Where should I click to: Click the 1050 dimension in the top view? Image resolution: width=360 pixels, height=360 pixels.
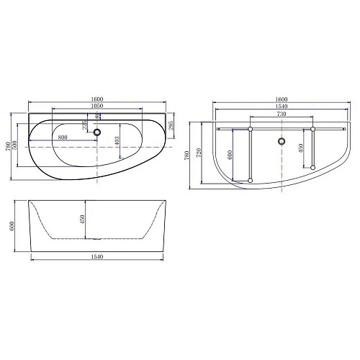pyautogui.click(x=97, y=106)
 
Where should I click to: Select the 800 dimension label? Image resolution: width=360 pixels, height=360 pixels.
pyautogui.click(x=63, y=137)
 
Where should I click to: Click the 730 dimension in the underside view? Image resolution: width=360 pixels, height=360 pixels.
pyautogui.click(x=281, y=114)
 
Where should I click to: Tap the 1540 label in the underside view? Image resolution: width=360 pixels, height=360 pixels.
pyautogui.click(x=281, y=106)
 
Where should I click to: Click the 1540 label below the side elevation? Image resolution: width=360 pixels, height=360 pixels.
pyautogui.click(x=97, y=257)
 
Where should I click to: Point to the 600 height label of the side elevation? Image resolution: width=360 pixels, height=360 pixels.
pyautogui.click(x=12, y=225)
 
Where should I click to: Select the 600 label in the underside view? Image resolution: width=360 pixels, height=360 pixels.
pyautogui.click(x=230, y=153)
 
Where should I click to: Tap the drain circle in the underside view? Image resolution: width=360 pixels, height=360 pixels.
pyautogui.click(x=281, y=141)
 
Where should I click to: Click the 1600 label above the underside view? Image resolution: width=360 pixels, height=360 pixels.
pyautogui.click(x=281, y=99)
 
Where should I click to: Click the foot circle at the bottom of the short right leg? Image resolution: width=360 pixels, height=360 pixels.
pyautogui.click(x=314, y=168)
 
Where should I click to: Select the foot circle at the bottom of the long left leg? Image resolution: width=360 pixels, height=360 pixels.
pyautogui.click(x=249, y=179)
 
